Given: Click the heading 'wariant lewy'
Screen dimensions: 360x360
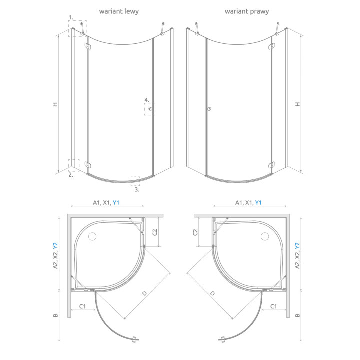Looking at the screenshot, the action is click(x=119, y=11).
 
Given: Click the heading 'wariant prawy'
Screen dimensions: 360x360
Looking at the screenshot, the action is click(x=247, y=11).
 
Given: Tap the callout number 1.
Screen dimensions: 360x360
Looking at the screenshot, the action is click(x=71, y=17).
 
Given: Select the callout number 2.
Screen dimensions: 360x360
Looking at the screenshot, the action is click(x=71, y=175).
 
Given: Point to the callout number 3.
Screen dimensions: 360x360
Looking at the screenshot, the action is click(x=137, y=189).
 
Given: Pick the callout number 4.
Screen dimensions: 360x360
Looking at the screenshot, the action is click(x=147, y=100).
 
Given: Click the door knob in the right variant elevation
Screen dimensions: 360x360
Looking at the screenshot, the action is click(x=209, y=109).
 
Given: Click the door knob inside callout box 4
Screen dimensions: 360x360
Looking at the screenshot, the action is click(x=150, y=109).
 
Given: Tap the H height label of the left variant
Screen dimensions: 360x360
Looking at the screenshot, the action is click(x=55, y=104).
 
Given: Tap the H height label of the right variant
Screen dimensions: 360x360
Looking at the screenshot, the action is click(x=298, y=104).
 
